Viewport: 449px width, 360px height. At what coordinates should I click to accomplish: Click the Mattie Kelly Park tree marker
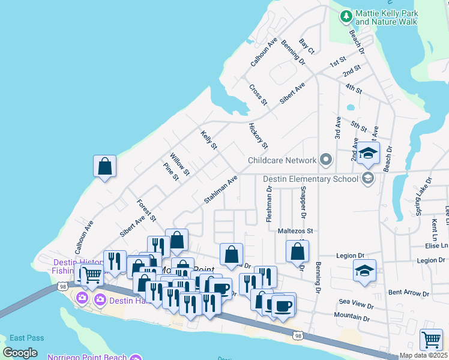click(346, 16)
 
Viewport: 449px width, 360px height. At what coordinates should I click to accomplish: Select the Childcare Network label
click(282, 160)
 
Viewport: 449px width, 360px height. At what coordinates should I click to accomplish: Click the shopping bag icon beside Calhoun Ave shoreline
click(104, 166)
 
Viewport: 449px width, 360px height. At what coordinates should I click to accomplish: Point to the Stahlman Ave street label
click(220, 189)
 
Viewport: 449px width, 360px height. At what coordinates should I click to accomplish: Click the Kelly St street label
click(209, 140)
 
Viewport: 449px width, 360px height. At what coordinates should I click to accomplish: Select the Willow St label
click(179, 164)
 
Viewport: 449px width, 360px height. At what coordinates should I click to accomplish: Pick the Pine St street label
click(171, 171)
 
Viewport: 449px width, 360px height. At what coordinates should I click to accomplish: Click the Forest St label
click(146, 210)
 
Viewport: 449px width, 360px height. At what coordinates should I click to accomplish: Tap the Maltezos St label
click(295, 230)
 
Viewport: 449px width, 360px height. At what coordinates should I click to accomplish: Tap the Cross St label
click(258, 95)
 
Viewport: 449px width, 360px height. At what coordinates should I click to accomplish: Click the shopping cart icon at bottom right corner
click(431, 340)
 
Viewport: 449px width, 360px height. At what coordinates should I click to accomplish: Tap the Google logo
click(20, 352)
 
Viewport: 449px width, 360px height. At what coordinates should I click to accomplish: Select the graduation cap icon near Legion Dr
click(364, 271)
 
